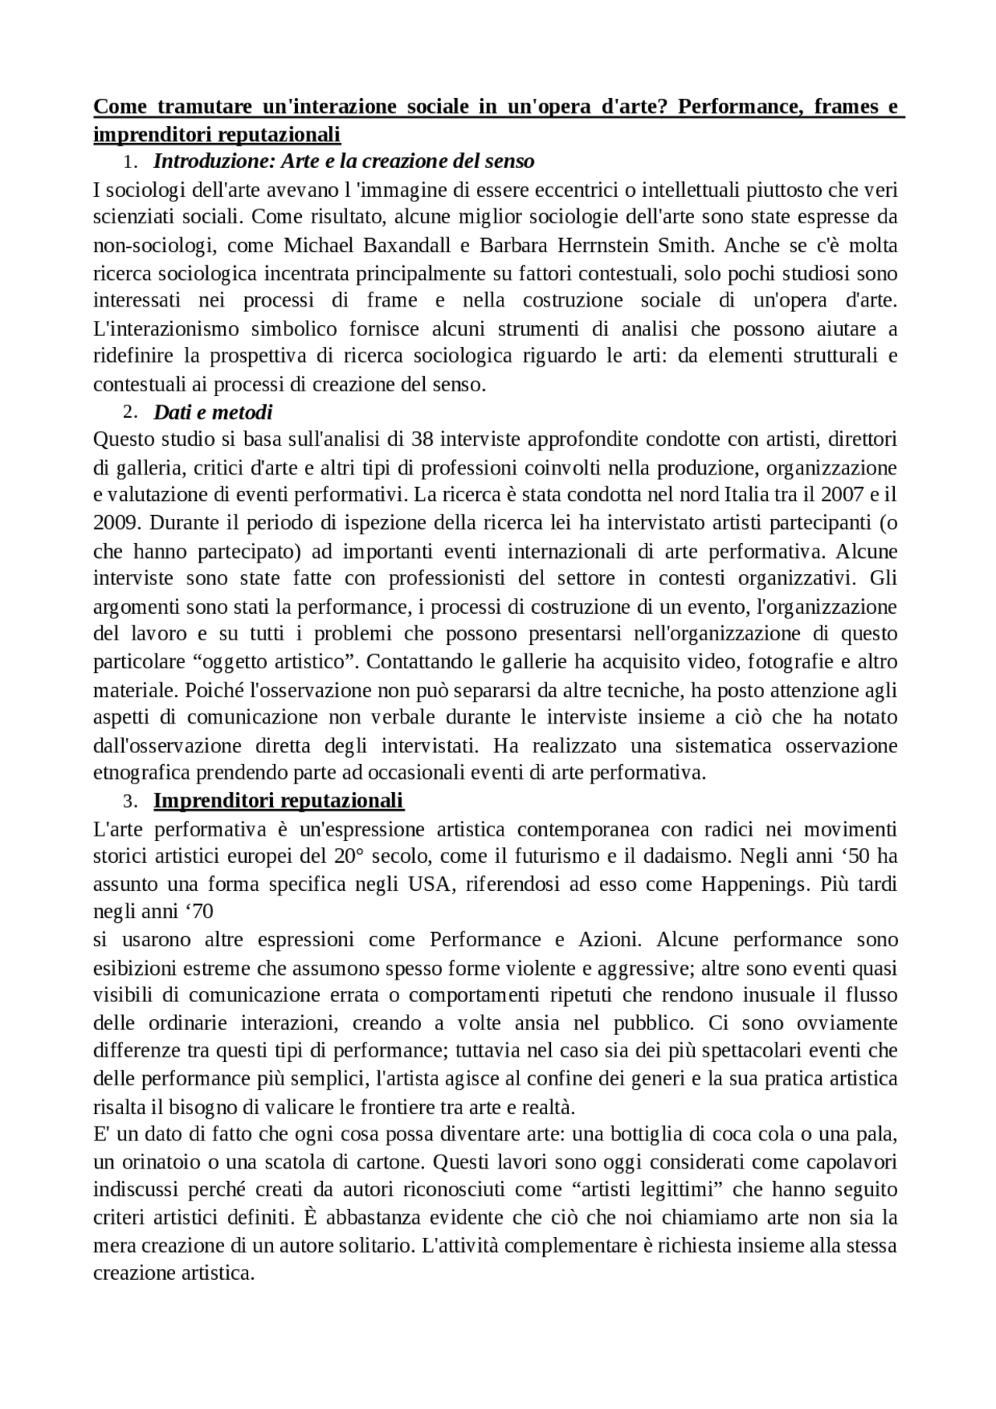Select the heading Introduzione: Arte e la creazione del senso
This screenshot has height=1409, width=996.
click(344, 162)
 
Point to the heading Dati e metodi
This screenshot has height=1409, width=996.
click(212, 412)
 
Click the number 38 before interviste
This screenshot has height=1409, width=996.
click(422, 440)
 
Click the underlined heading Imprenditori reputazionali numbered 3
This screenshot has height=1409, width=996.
click(279, 801)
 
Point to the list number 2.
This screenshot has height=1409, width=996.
click(130, 412)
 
